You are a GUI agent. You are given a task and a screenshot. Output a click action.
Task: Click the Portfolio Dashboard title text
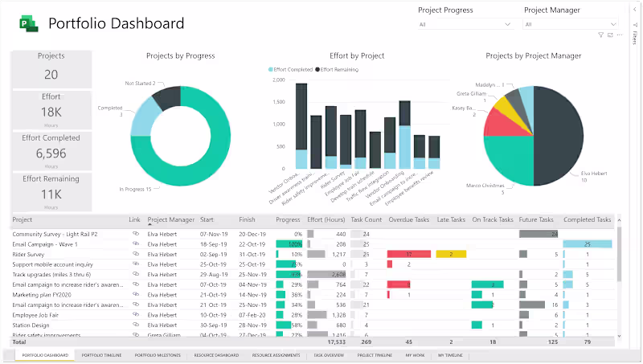[117, 24]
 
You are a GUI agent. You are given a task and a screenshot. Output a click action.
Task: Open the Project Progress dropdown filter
[465, 25]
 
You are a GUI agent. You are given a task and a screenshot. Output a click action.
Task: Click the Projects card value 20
[51, 75]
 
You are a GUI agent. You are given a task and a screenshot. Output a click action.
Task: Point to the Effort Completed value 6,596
[51, 153]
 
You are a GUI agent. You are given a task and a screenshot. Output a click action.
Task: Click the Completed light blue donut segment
[141, 117]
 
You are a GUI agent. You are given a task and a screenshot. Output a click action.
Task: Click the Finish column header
[247, 219]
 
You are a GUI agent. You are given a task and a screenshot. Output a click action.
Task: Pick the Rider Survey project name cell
[30, 254]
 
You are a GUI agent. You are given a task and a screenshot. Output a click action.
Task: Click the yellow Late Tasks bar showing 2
[452, 254]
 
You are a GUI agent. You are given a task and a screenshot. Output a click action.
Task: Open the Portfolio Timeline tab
[101, 354]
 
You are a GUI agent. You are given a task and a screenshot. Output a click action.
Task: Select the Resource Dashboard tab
[216, 354]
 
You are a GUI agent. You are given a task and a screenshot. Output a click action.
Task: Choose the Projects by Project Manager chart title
[534, 56]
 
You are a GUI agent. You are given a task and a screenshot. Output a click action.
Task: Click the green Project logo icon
[30, 24]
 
